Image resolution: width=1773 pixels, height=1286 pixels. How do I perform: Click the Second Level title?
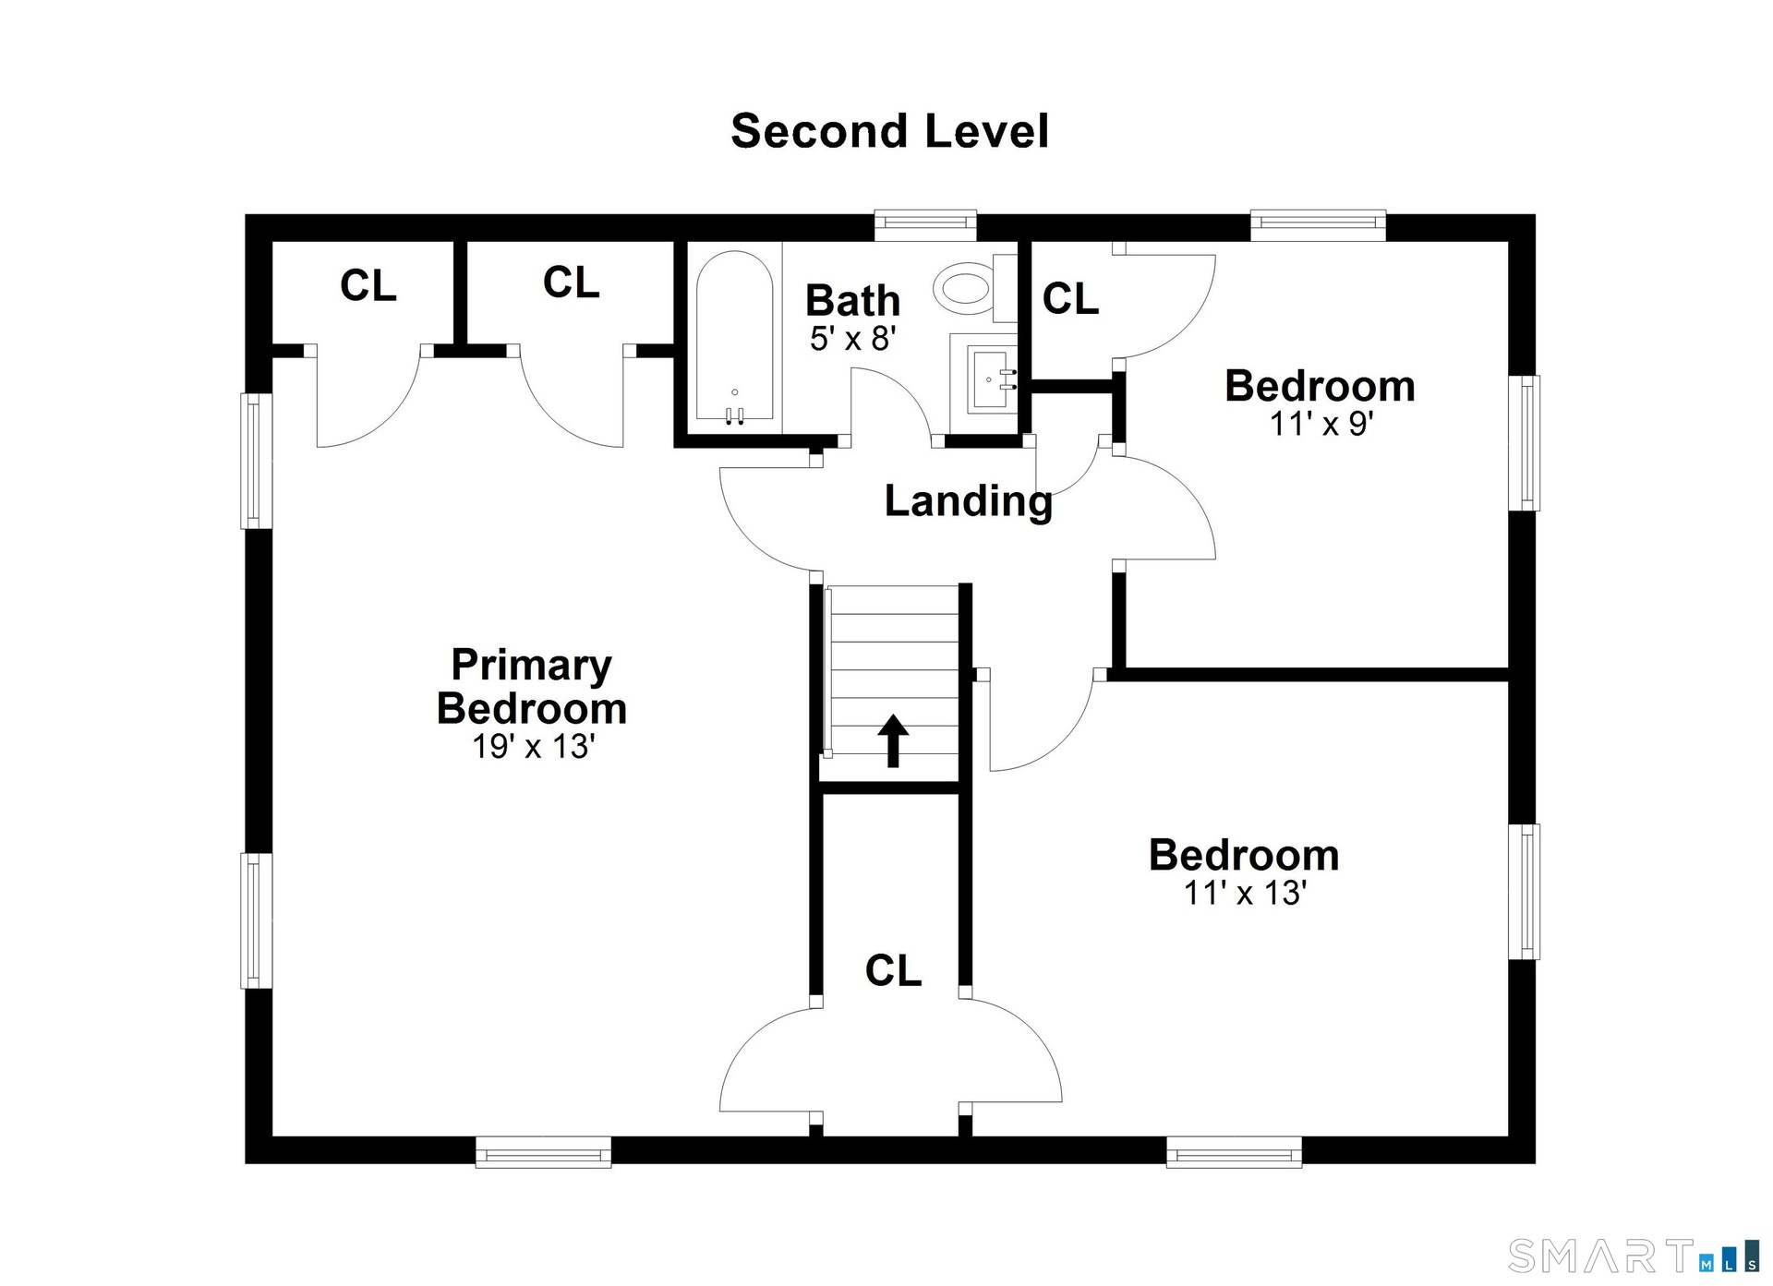[889, 131]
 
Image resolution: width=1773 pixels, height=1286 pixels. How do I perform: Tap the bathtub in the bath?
[734, 339]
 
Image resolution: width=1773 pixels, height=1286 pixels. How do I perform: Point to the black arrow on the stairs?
[893, 740]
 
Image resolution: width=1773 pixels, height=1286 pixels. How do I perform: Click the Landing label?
[968, 501]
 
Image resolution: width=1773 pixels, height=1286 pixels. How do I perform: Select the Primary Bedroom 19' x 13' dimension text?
[533, 746]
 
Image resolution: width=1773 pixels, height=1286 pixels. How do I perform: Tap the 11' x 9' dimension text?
[1321, 424]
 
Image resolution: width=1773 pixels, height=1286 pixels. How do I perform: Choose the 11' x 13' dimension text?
[1245, 893]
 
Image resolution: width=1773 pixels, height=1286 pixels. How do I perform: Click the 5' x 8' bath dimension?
[853, 339]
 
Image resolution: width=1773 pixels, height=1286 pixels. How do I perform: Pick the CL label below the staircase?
[893, 970]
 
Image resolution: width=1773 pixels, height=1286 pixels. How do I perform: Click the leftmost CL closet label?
[368, 285]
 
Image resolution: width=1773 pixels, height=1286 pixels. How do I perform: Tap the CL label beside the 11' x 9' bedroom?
[1070, 298]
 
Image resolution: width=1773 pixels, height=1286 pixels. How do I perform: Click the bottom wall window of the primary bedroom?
[543, 1151]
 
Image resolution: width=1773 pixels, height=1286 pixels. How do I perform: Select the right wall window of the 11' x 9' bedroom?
[1524, 443]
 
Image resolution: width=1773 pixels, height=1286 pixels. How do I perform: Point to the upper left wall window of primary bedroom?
[257, 461]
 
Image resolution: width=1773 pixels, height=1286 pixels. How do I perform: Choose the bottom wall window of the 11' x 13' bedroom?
[1234, 1151]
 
